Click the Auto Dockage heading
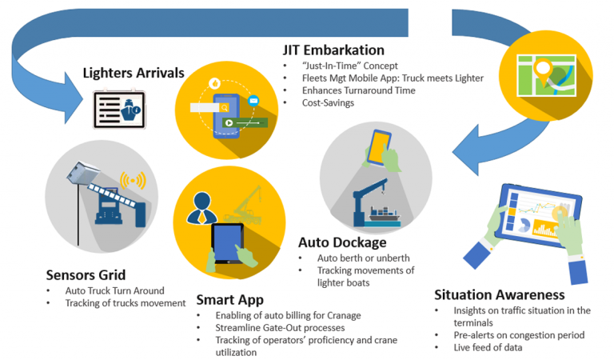click(x=341, y=242)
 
